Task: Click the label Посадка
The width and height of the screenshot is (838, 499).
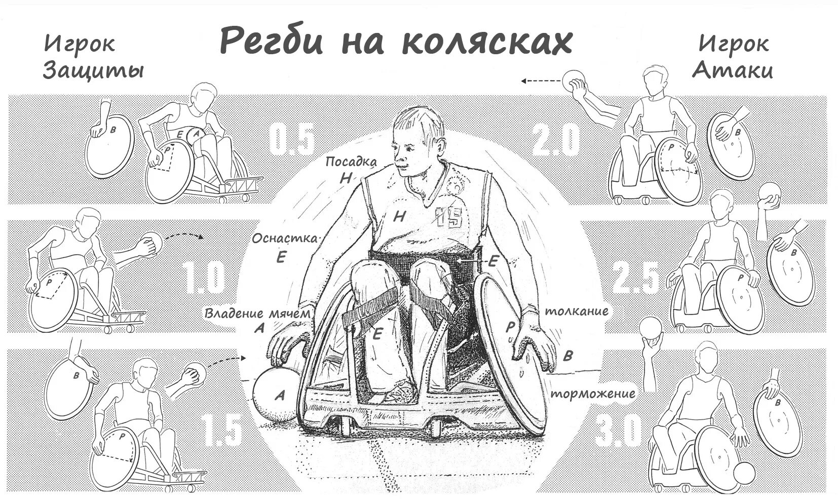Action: click(x=351, y=162)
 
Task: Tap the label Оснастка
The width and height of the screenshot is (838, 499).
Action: click(x=285, y=238)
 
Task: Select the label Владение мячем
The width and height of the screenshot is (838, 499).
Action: click(x=257, y=314)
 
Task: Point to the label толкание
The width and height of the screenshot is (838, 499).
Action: click(x=576, y=311)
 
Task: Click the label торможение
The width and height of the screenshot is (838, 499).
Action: click(x=593, y=393)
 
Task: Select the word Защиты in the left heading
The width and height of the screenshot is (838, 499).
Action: click(x=93, y=70)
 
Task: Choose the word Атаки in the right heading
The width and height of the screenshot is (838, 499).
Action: click(x=733, y=70)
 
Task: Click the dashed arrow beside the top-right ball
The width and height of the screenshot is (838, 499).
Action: click(x=540, y=81)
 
